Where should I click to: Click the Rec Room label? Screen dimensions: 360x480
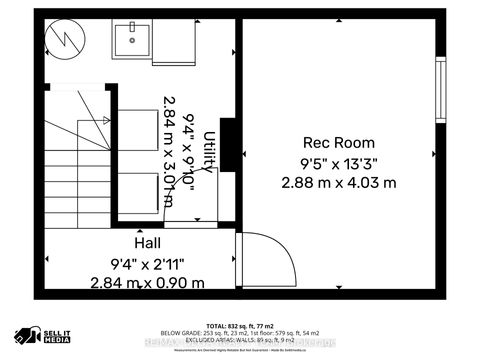point(339,141)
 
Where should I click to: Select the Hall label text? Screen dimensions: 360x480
point(147,243)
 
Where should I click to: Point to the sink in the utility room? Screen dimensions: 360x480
point(131,40)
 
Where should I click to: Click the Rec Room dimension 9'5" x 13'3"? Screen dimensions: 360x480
point(339,162)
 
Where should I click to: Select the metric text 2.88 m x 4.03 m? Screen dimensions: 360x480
point(339,182)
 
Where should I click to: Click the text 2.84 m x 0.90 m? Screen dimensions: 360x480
point(147,282)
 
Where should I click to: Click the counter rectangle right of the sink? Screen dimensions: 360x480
point(169,40)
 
